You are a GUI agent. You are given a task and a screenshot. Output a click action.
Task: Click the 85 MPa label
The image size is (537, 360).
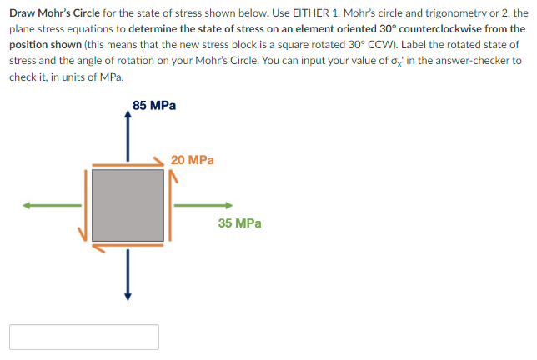pyautogui.click(x=154, y=106)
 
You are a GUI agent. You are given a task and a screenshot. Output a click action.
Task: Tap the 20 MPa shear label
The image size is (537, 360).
pyautogui.click(x=192, y=159)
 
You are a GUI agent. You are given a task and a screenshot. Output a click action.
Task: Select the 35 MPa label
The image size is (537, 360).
pyautogui.click(x=239, y=223)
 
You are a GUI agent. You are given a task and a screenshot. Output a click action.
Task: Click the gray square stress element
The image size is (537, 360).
pyautogui.click(x=127, y=205)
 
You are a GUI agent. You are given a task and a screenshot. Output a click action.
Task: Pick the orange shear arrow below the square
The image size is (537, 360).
pyautogui.click(x=126, y=247)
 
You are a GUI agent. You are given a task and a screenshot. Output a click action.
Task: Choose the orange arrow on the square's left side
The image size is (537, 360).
pyautogui.click(x=84, y=205)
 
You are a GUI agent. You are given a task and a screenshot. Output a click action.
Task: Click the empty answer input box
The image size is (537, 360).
pyautogui.click(x=84, y=337)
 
